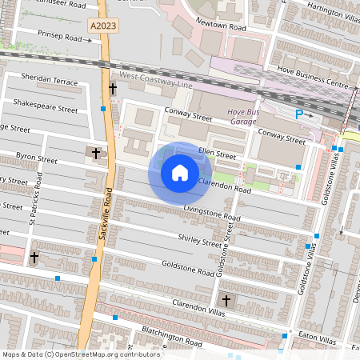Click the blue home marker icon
[x=180, y=173]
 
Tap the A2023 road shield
[x=102, y=26]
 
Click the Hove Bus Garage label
[x=242, y=117]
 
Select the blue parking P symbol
[x=300, y=114]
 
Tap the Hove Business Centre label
[x=313, y=85]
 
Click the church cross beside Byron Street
[x=96, y=152]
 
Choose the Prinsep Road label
[x=59, y=36]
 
